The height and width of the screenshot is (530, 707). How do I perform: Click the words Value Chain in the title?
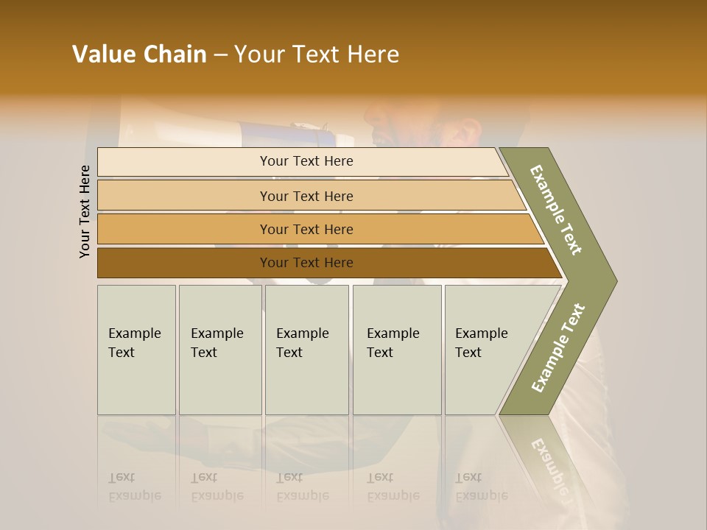click(x=139, y=54)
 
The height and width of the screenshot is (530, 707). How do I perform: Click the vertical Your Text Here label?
click(x=85, y=211)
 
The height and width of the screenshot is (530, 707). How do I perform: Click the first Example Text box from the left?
click(x=136, y=350)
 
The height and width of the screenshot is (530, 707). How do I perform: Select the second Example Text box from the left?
click(x=220, y=350)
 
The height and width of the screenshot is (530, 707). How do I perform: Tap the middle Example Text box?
click(x=306, y=350)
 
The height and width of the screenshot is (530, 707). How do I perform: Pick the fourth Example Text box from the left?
click(x=397, y=350)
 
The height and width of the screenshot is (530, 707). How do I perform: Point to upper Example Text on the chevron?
click(x=556, y=210)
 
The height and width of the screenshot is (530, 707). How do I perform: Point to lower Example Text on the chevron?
click(x=558, y=347)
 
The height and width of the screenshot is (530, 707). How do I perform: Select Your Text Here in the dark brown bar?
click(x=306, y=263)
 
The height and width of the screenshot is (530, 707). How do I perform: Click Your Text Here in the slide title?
click(x=317, y=54)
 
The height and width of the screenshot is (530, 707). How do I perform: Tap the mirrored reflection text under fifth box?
click(x=480, y=487)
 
